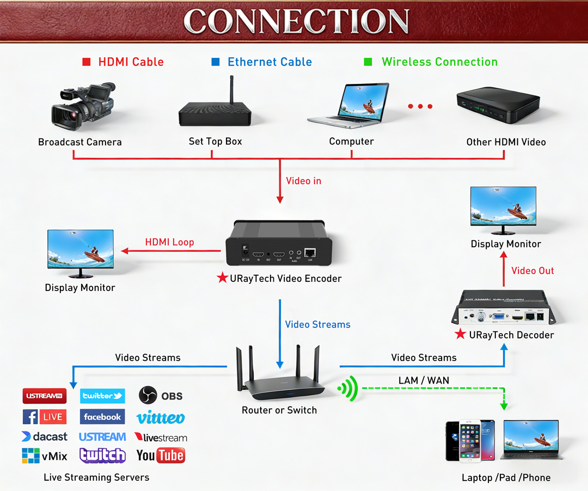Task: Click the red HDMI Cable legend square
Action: tap(86, 62)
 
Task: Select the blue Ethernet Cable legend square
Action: tap(216, 62)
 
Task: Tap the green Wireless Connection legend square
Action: tap(368, 62)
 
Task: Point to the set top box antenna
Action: tap(231, 90)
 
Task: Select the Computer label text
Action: tap(351, 142)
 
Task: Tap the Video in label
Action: tap(303, 181)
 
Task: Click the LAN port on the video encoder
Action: tap(310, 253)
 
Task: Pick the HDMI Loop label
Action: tap(169, 243)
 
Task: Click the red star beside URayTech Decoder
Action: tap(461, 334)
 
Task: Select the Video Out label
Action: tap(532, 271)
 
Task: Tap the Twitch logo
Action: tap(102, 455)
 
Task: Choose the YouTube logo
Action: tap(161, 455)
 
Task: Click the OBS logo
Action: tap(161, 395)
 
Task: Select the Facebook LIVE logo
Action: tap(44, 417)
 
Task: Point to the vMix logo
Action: tap(44, 456)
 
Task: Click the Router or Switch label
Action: tap(279, 410)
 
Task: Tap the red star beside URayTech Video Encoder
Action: tap(222, 278)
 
